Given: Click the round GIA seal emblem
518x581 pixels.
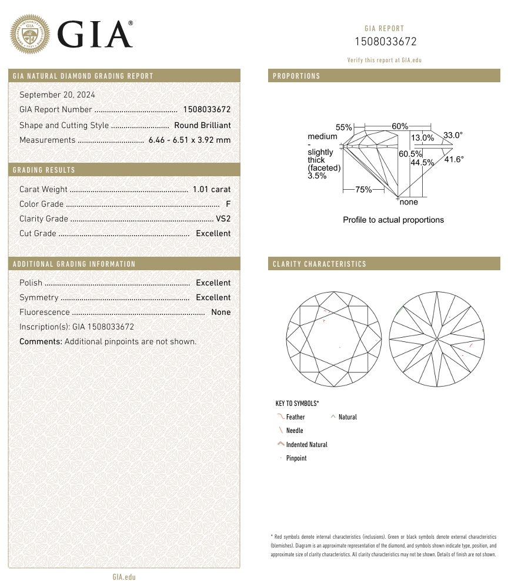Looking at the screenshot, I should coord(30,33).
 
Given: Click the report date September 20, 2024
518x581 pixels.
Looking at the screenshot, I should coord(57,95).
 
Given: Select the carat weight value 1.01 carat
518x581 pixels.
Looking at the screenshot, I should coord(212,189).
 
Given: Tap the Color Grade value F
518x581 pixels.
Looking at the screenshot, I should coord(228,204).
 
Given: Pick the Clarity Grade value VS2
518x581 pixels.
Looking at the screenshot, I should coord(223,219).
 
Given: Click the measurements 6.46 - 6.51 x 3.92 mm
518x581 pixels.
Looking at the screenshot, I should coord(189,140).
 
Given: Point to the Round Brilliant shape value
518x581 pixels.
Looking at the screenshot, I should coord(202,125).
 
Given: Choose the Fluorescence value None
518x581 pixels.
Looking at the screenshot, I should coord(221,312).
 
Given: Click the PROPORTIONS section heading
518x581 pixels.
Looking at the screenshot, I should coord(296,76).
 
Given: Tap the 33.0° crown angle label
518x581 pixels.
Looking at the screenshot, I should coord(453,135).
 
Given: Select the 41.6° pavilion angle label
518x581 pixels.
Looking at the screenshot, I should coord(454,159).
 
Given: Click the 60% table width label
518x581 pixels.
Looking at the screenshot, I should coord(400,127).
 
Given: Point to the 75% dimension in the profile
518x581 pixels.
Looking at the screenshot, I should coord(363,190).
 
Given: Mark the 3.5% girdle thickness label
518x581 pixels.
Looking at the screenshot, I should coord(317,176).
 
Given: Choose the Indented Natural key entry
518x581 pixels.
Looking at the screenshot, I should coord(306,445).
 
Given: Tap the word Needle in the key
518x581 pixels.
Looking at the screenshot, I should coord(295,431).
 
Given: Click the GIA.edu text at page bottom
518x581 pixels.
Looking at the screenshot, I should coord(124,577).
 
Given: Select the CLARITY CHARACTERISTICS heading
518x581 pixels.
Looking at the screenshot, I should coord(319,264).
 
